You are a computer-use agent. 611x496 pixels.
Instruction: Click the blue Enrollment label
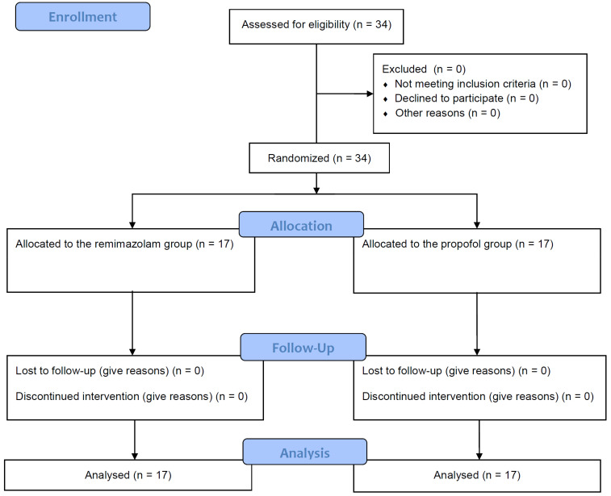pyautogui.click(x=82, y=17)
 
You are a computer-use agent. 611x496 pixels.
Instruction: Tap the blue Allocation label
pyautogui.click(x=301, y=225)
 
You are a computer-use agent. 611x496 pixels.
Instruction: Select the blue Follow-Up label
pyautogui.click(x=303, y=347)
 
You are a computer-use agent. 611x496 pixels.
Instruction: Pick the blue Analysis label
pyautogui.click(x=305, y=452)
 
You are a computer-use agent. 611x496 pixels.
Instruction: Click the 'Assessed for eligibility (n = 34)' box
pyautogui.click(x=316, y=27)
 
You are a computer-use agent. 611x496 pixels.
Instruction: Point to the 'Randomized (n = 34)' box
pyautogui.click(x=319, y=158)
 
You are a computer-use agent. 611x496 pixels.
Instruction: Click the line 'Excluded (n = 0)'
pyautogui.click(x=424, y=69)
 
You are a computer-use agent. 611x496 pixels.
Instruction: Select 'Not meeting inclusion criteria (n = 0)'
pyautogui.click(x=483, y=84)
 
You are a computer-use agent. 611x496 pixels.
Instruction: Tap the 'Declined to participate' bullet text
pyautogui.click(x=449, y=98)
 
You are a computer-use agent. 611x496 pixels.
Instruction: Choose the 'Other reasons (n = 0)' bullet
pyautogui.click(x=448, y=113)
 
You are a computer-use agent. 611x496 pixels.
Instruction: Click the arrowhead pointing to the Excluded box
pyautogui.click(x=370, y=94)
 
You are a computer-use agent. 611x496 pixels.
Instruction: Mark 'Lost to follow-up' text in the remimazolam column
pyautogui.click(x=56, y=371)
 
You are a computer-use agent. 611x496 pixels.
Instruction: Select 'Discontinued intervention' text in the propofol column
pyautogui.click(x=425, y=396)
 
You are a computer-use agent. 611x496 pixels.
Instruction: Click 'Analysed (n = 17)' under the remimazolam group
pyautogui.click(x=128, y=475)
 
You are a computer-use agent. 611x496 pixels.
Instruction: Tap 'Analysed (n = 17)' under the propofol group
pyautogui.click(x=477, y=475)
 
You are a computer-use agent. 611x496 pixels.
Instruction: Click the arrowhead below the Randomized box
pyautogui.click(x=316, y=190)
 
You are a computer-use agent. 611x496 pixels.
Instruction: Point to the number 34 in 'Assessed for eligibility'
pyautogui.click(x=381, y=24)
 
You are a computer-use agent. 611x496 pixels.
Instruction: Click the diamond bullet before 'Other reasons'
pyautogui.click(x=385, y=114)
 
